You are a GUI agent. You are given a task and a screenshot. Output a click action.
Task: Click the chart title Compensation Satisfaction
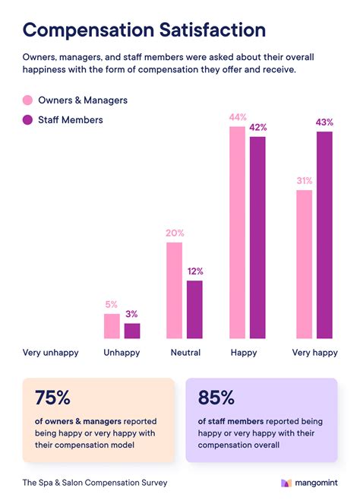click(x=144, y=30)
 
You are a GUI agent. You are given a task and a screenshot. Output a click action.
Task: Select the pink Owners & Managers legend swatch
click(x=28, y=100)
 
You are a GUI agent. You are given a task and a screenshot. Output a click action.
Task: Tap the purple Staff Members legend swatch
click(x=28, y=119)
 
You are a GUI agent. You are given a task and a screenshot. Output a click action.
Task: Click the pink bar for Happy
click(x=237, y=232)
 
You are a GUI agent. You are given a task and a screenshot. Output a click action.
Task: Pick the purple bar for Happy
click(x=257, y=237)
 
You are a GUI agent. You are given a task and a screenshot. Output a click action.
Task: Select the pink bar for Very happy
click(x=304, y=264)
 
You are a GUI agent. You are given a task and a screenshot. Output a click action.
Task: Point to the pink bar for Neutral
click(x=174, y=290)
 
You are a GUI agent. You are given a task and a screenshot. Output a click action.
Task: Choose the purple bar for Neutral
click(x=194, y=309)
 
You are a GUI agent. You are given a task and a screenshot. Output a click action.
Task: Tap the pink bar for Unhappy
click(x=112, y=326)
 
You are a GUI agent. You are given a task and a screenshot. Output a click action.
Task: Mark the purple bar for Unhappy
click(x=132, y=331)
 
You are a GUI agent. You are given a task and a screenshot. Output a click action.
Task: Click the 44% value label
click(x=237, y=118)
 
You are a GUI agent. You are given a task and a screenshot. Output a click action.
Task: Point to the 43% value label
click(x=325, y=122)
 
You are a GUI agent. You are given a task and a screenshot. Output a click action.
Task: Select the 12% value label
click(x=194, y=271)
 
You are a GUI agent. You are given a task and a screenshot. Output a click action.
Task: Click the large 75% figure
click(x=52, y=398)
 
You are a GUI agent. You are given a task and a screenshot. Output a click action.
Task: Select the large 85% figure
click(x=216, y=398)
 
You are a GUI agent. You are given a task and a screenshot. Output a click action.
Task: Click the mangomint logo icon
click(x=286, y=483)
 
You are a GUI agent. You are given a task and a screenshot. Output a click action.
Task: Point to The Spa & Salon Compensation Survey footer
click(x=95, y=483)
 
